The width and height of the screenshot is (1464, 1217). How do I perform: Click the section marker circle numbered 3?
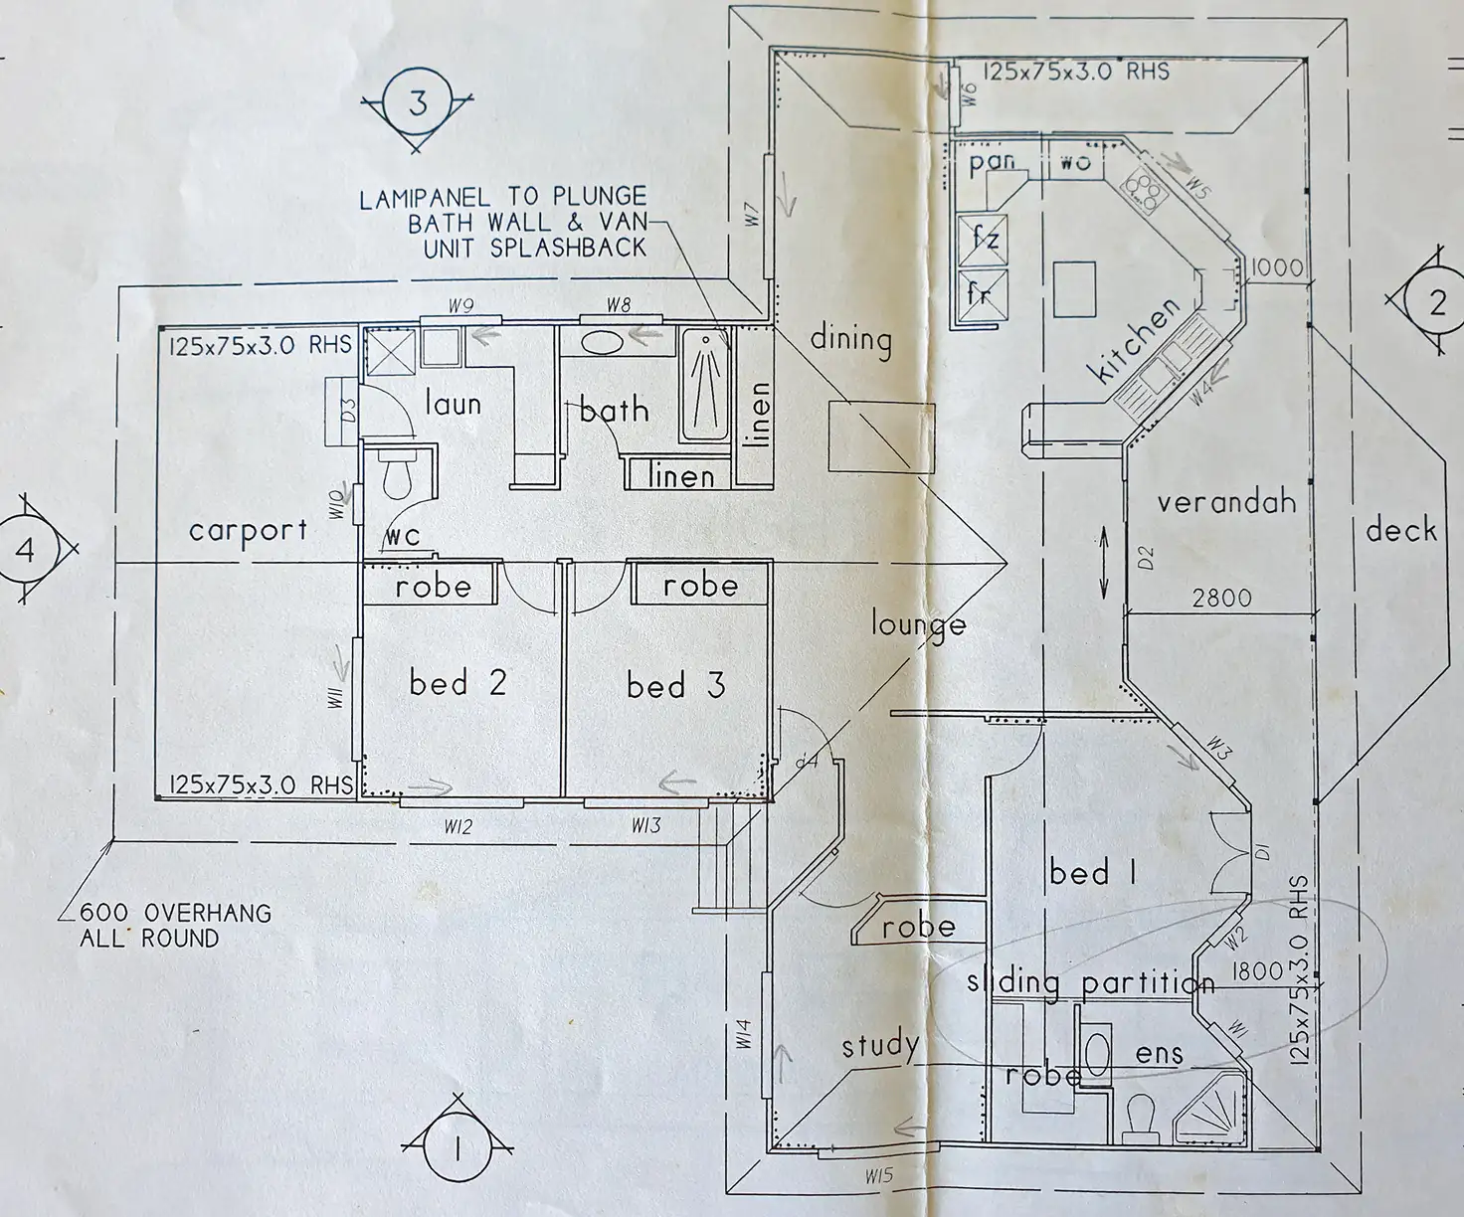pyautogui.click(x=417, y=102)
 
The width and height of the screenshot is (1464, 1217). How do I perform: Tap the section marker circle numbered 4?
pyautogui.click(x=26, y=550)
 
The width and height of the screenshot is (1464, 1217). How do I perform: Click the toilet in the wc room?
pyautogui.click(x=396, y=479)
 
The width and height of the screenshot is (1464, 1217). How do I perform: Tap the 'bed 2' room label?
pyautogui.click(x=457, y=683)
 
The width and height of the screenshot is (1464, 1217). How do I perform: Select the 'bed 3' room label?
pyautogui.click(x=675, y=685)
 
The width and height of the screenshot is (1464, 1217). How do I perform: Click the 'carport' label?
pyautogui.click(x=248, y=530)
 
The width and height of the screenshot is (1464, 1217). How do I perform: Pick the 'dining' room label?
pyautogui.click(x=850, y=339)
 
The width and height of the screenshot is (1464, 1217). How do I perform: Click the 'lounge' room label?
pyautogui.click(x=918, y=624)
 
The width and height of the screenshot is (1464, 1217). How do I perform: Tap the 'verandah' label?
pyautogui.click(x=1226, y=501)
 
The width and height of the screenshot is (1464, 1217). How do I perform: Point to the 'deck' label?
pyautogui.click(x=1400, y=530)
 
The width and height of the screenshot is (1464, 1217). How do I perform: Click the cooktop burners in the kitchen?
pyautogui.click(x=1144, y=189)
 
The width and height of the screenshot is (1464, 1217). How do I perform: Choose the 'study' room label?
pyautogui.click(x=879, y=1045)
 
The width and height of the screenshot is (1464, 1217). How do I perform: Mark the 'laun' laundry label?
pyautogui.click(x=453, y=404)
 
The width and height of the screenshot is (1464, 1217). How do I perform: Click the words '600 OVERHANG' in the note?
pyautogui.click(x=176, y=913)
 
